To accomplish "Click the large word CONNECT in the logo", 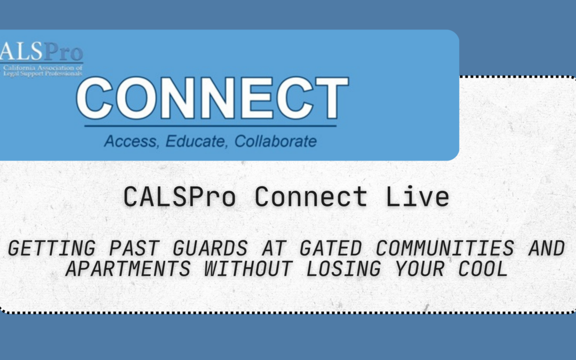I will (x=212, y=99).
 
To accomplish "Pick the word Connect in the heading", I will (x=310, y=197).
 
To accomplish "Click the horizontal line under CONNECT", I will (x=210, y=126).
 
